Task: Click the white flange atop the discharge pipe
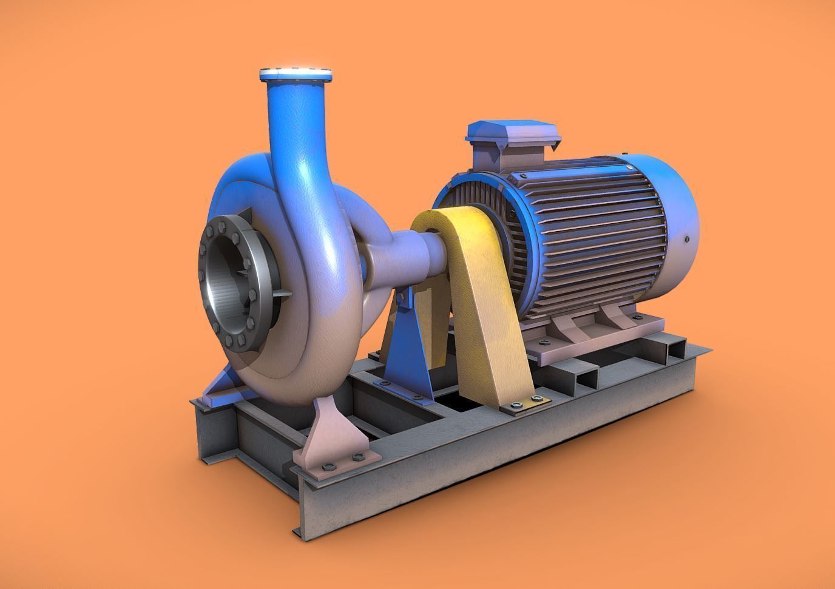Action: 296,75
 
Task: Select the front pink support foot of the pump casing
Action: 328,434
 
